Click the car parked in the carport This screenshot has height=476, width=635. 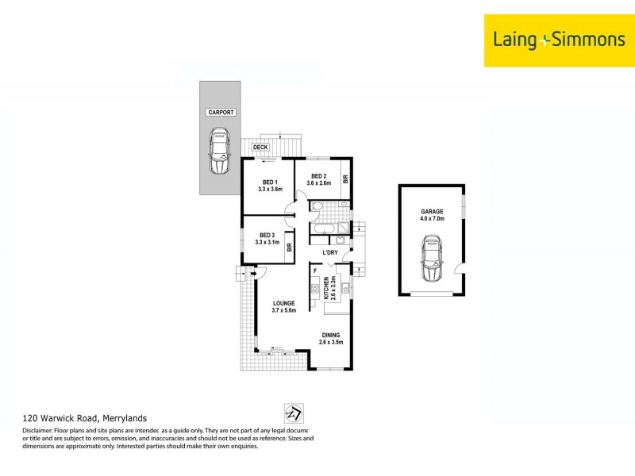(x=219, y=152)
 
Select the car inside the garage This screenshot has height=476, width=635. (x=433, y=260)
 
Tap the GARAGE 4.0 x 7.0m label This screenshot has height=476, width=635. (x=433, y=215)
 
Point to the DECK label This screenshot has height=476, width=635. (x=260, y=148)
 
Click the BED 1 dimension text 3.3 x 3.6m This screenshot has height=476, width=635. (x=271, y=190)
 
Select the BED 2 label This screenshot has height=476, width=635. (x=318, y=176)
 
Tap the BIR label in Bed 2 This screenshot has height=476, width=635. (x=345, y=179)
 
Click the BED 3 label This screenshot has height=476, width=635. (x=267, y=236)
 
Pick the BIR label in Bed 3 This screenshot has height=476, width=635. (x=290, y=248)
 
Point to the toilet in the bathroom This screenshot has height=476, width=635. (x=317, y=208)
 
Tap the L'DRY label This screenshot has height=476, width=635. (x=331, y=253)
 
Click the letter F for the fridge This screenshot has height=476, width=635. (x=316, y=272)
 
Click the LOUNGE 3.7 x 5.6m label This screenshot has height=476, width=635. (x=284, y=307)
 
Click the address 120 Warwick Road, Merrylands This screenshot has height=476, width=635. (x=83, y=417)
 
